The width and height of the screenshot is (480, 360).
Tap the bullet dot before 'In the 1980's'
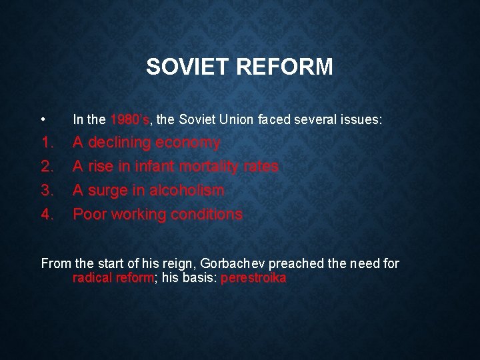pos(43,121)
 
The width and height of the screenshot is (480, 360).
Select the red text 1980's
pos(130,120)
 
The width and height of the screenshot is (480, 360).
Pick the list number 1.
pos(47,143)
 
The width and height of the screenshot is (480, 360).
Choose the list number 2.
pos(47,167)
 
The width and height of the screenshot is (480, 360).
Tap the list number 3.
pos(47,191)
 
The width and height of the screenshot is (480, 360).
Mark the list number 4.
pos(47,215)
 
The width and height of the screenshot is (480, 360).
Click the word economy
pos(187,143)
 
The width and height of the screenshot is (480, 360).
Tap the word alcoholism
pos(187,191)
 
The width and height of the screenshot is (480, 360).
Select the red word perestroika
pos(253,279)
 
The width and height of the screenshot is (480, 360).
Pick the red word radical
pos(93,279)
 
